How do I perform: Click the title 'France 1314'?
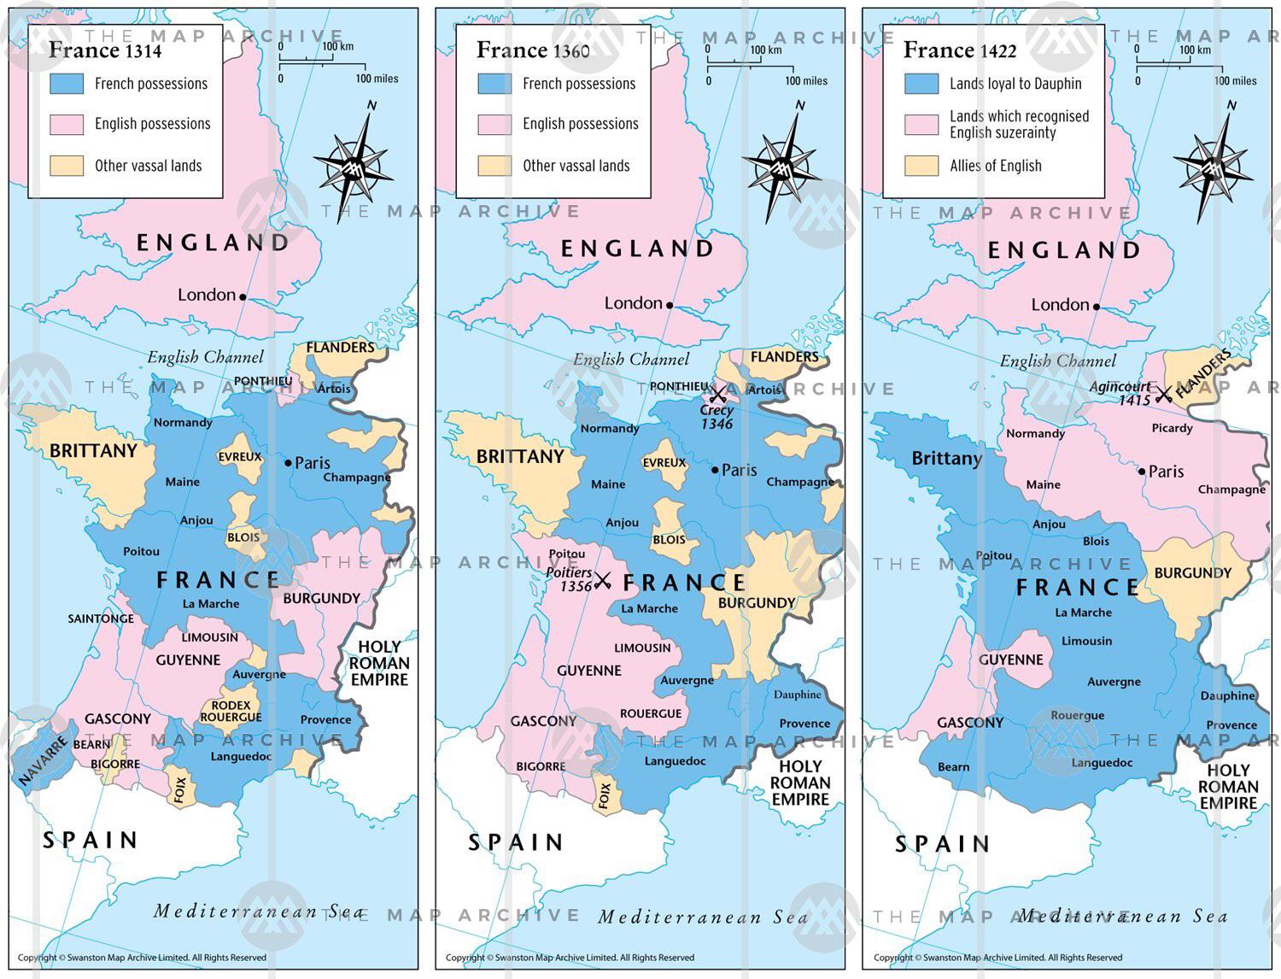coord(104,50)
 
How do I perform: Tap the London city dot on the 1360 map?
coord(670,305)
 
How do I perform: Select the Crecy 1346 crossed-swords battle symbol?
coord(717,394)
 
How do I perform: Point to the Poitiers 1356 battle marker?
coord(603,581)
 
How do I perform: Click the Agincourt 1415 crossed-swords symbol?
coord(1163,395)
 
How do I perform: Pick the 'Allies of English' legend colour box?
coord(921,166)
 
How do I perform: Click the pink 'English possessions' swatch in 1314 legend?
coord(67,124)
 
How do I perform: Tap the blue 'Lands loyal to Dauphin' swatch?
coord(921,84)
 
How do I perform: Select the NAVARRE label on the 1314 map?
coord(43,761)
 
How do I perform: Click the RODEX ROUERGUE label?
coord(231,712)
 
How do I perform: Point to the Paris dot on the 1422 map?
coord(1142,472)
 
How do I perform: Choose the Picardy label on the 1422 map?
coord(1172,428)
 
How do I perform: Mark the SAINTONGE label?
coord(101,618)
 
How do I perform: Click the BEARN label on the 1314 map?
coord(91,744)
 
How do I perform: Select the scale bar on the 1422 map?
coord(1179,63)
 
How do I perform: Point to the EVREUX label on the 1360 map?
coord(664,462)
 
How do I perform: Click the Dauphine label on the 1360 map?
coord(797,695)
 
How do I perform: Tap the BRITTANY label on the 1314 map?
coord(93,451)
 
